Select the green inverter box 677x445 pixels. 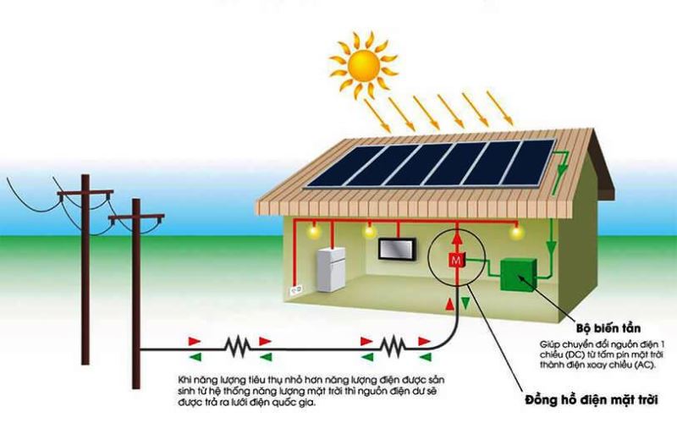click(x=518, y=276)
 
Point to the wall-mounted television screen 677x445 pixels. click(x=396, y=250)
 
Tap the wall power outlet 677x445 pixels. click(x=296, y=289)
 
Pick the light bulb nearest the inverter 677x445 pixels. click(x=514, y=230)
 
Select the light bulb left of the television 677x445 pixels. click(x=369, y=230)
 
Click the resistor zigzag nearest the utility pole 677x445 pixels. click(x=239, y=345)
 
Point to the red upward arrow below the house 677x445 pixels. click(x=447, y=302)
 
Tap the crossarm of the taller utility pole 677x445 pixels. click(x=85, y=194)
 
